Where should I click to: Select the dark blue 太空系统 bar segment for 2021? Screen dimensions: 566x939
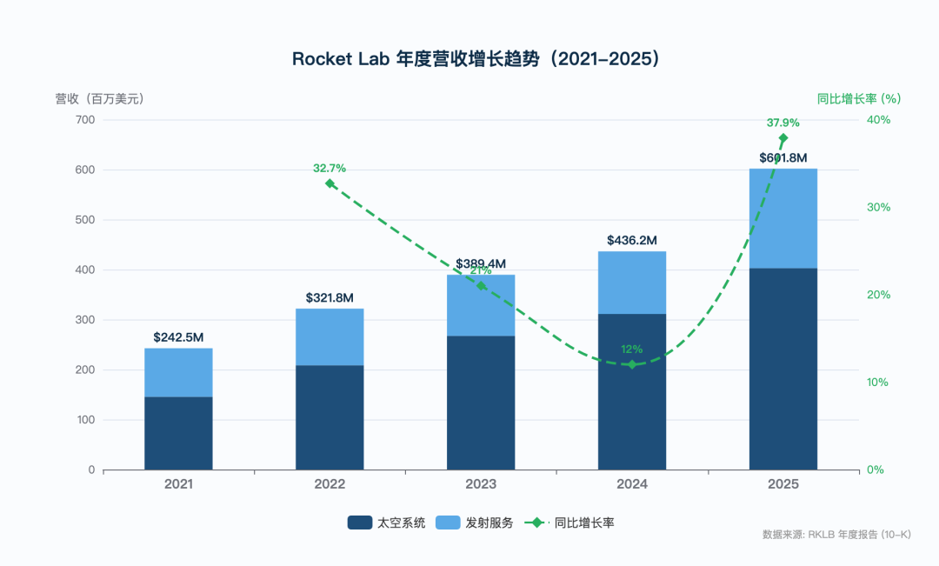[178, 433]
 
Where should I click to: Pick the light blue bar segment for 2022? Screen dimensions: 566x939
[330, 336]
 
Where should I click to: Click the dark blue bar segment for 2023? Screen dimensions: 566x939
[481, 402]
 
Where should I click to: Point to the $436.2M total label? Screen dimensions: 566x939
[632, 240]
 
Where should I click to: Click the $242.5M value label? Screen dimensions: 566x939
[178, 336]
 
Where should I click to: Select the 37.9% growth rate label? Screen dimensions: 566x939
[782, 123]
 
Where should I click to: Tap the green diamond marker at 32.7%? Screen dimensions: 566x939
[330, 183]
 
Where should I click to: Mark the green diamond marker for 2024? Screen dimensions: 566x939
[632, 364]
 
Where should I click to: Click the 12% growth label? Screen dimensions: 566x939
[632, 350]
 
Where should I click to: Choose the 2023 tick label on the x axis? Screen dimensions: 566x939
[481, 484]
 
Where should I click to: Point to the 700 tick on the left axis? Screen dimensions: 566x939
[85, 120]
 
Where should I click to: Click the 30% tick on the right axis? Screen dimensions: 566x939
[878, 208]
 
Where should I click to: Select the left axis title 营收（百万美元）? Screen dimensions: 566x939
[100, 99]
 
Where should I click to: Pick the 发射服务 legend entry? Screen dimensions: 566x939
[475, 523]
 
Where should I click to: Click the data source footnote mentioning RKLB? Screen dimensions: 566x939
[836, 534]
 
